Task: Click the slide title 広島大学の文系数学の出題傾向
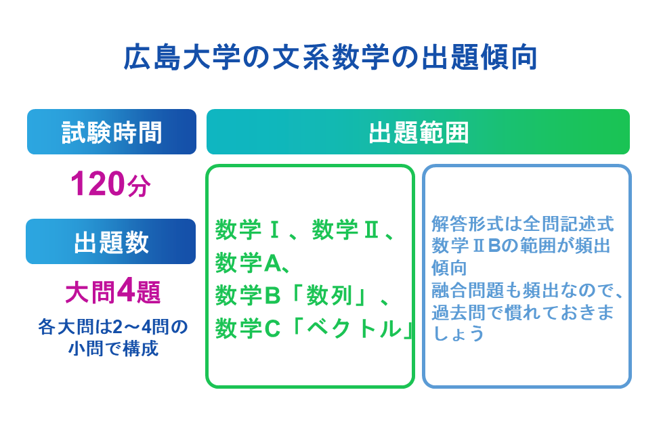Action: point(330,59)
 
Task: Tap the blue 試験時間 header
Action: point(112,132)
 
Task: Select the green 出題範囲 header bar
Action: point(418,132)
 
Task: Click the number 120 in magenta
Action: point(98,184)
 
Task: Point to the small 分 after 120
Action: point(139,187)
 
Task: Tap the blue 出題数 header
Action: point(111,242)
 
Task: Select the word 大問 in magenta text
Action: point(90,293)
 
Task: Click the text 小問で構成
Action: point(112,349)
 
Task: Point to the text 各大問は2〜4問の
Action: point(112,328)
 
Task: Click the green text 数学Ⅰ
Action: point(248,230)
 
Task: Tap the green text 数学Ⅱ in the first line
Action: point(346,230)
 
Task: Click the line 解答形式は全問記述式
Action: point(522,223)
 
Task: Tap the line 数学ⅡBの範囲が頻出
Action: point(521,245)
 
